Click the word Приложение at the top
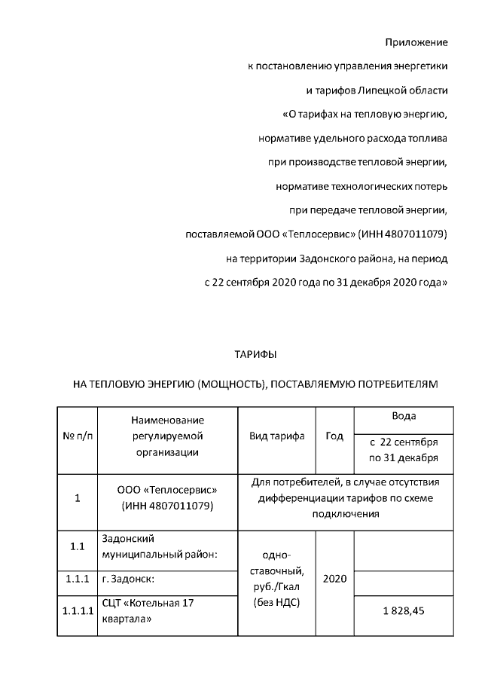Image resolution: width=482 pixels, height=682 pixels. tap(416, 41)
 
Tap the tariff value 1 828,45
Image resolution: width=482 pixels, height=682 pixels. tap(403, 610)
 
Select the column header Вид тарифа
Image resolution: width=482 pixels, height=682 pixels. tap(276, 436)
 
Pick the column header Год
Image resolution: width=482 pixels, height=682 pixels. tap(334, 436)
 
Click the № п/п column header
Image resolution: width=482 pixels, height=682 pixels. tap(78, 436)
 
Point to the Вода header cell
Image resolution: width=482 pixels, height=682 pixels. tap(404, 416)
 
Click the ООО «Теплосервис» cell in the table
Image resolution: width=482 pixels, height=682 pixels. tap(167, 497)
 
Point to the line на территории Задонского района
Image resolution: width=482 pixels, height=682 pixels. tap(337, 258)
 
